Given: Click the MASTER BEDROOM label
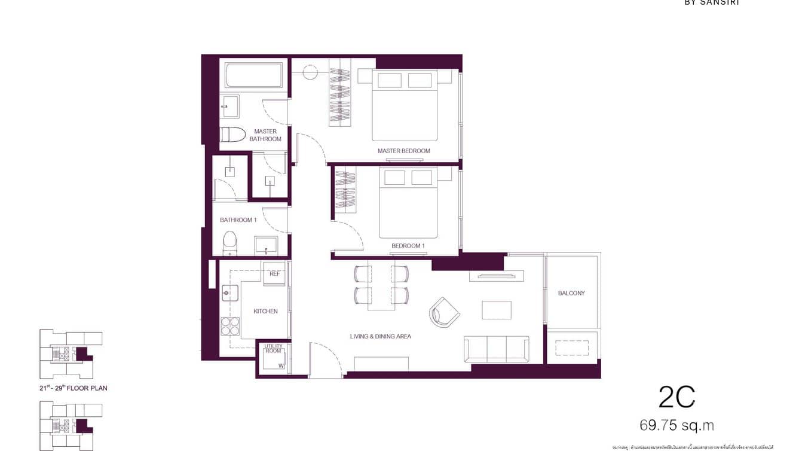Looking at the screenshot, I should tap(403, 151).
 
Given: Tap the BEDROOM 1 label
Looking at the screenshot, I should tap(408, 246).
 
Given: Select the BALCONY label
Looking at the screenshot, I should tap(571, 293).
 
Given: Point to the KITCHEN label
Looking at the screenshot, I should tap(265, 311).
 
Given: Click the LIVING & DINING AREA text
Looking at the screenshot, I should tap(380, 336).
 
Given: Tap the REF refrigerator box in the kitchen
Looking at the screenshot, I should tap(274, 273).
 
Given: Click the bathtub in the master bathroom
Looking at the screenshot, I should tap(255, 75).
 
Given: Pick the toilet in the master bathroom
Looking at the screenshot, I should tap(232, 134).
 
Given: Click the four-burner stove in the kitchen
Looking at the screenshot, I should tap(230, 326).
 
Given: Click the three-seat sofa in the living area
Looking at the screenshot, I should tap(496, 348).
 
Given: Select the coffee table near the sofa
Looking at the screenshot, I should tap(497, 310).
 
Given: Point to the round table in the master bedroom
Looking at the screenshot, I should tap(310, 73).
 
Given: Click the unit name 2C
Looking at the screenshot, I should tap(677, 397).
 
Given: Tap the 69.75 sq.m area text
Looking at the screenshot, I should tap(677, 425).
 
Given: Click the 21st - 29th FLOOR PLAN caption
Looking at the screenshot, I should tap(74, 388).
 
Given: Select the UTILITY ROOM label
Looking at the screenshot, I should tap(273, 348).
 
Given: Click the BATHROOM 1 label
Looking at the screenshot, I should tap(238, 220).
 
